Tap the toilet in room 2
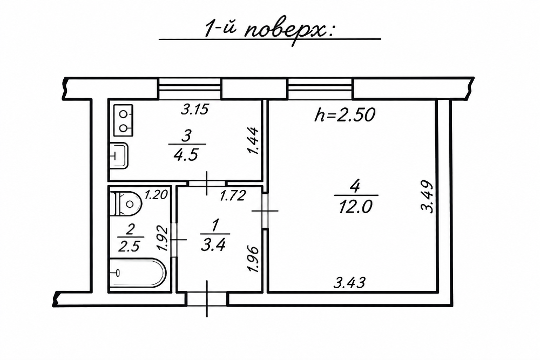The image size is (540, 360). pyautogui.click(x=126, y=203)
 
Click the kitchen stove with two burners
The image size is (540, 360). pyautogui.click(x=123, y=120)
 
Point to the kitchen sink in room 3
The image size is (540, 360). pyautogui.click(x=119, y=156)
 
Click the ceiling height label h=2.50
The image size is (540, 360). pyautogui.click(x=345, y=115)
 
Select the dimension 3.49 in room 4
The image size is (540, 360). pyautogui.click(x=427, y=197)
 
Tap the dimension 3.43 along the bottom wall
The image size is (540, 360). pyautogui.click(x=349, y=283)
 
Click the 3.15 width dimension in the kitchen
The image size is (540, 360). pyautogui.click(x=195, y=110)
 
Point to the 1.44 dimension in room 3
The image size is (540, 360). pyautogui.click(x=253, y=141)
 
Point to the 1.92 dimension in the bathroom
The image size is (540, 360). pyautogui.click(x=163, y=238)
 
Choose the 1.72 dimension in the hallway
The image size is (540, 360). pyautogui.click(x=233, y=196)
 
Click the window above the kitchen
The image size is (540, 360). pyautogui.click(x=190, y=89)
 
